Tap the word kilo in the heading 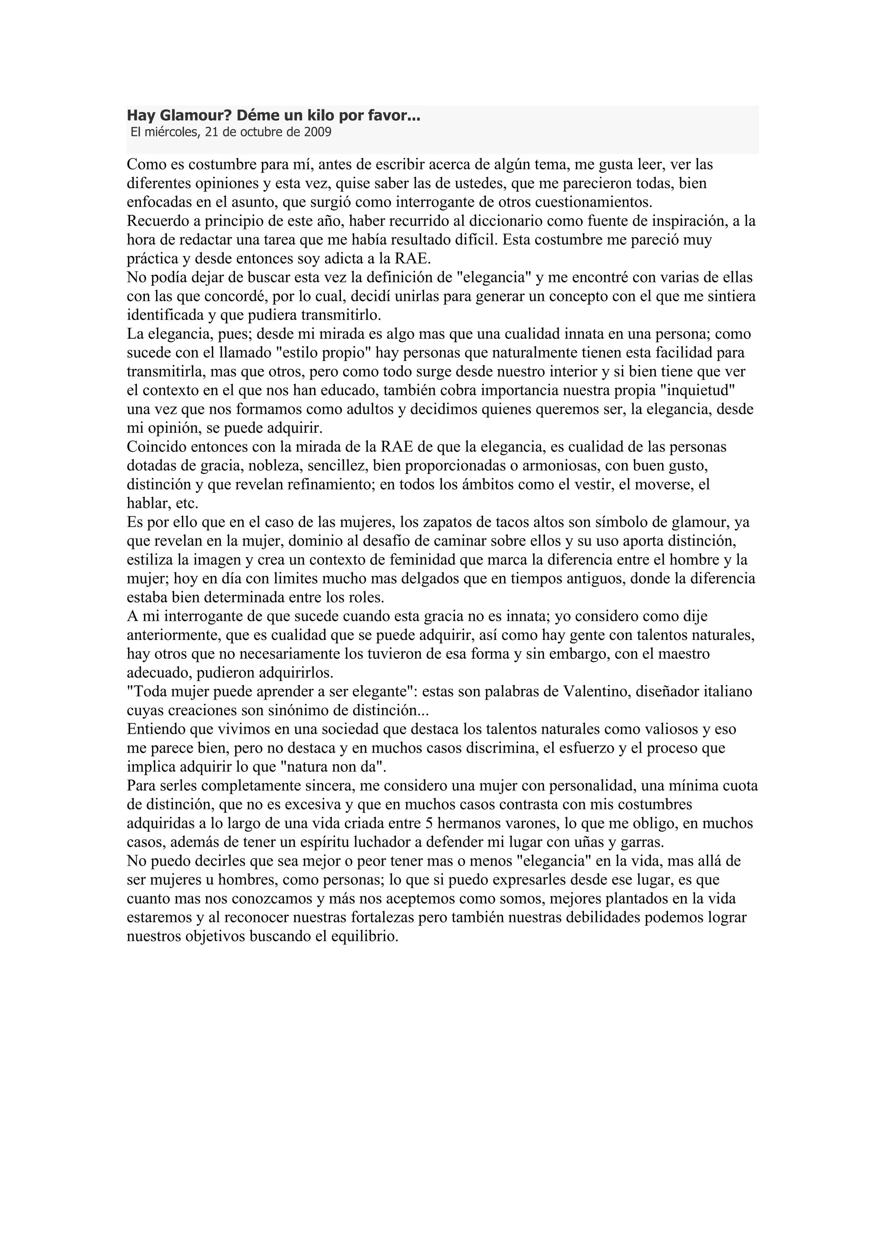pos(319,116)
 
